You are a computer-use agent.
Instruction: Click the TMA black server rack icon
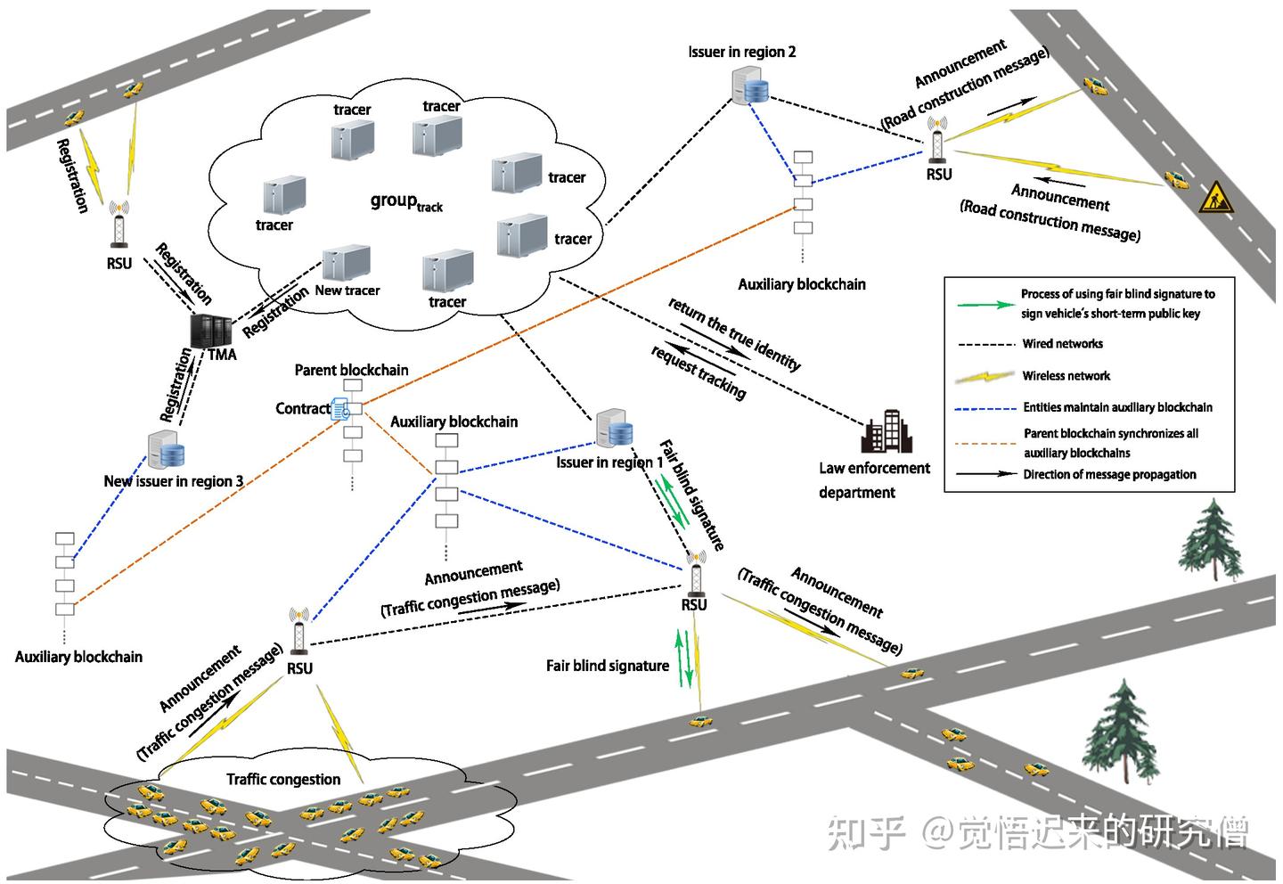[x=210, y=331]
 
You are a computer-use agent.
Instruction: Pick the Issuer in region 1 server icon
[x=614, y=430]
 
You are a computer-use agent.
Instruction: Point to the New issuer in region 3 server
[x=166, y=451]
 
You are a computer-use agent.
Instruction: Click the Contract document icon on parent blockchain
[x=340, y=410]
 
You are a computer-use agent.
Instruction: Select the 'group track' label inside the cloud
[x=405, y=202]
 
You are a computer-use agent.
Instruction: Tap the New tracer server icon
[x=346, y=264]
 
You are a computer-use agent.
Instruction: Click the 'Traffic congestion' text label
[x=283, y=780]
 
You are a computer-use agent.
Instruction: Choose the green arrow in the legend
[x=985, y=304]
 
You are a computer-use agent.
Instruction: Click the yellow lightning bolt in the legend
[x=985, y=376]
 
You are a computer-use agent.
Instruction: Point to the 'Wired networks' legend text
[x=1062, y=344]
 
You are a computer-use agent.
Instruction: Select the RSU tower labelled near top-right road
[x=937, y=143]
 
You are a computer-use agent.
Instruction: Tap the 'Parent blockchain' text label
[x=351, y=370]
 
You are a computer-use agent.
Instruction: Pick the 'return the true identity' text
[x=735, y=334]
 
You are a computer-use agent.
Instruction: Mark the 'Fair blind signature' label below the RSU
[x=607, y=666]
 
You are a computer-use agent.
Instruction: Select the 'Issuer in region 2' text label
[x=741, y=52]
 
